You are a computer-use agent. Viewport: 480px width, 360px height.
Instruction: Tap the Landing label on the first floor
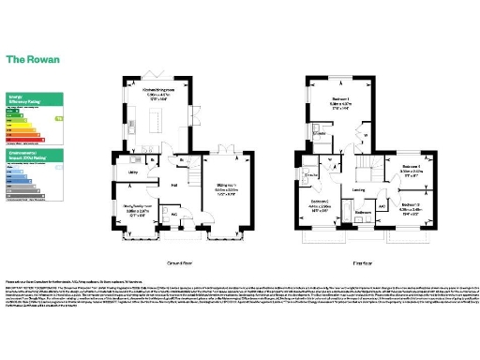click(x=358, y=190)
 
